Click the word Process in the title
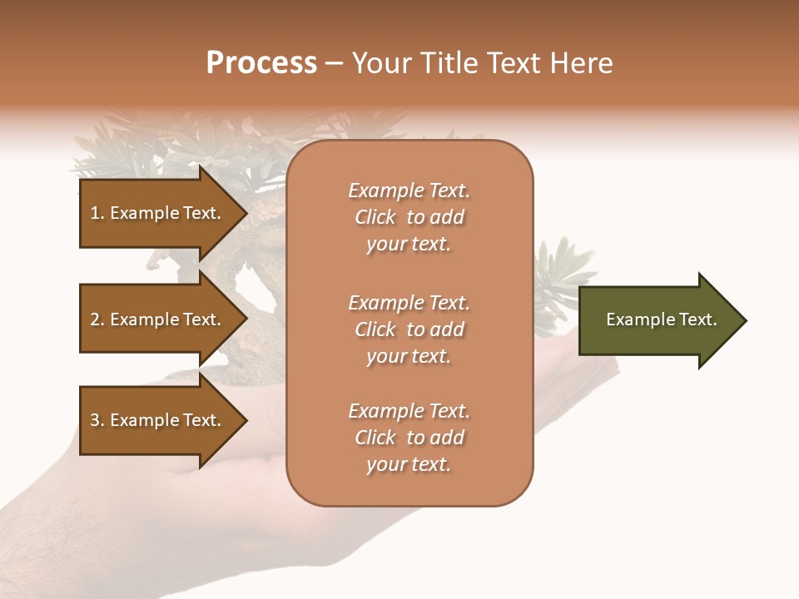click(261, 63)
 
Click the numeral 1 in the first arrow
click(94, 213)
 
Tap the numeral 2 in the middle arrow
click(95, 319)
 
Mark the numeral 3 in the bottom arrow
click(95, 420)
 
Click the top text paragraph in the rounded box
click(409, 217)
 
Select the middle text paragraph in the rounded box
click(409, 329)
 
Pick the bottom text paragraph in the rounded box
click(409, 438)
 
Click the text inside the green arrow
click(662, 319)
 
